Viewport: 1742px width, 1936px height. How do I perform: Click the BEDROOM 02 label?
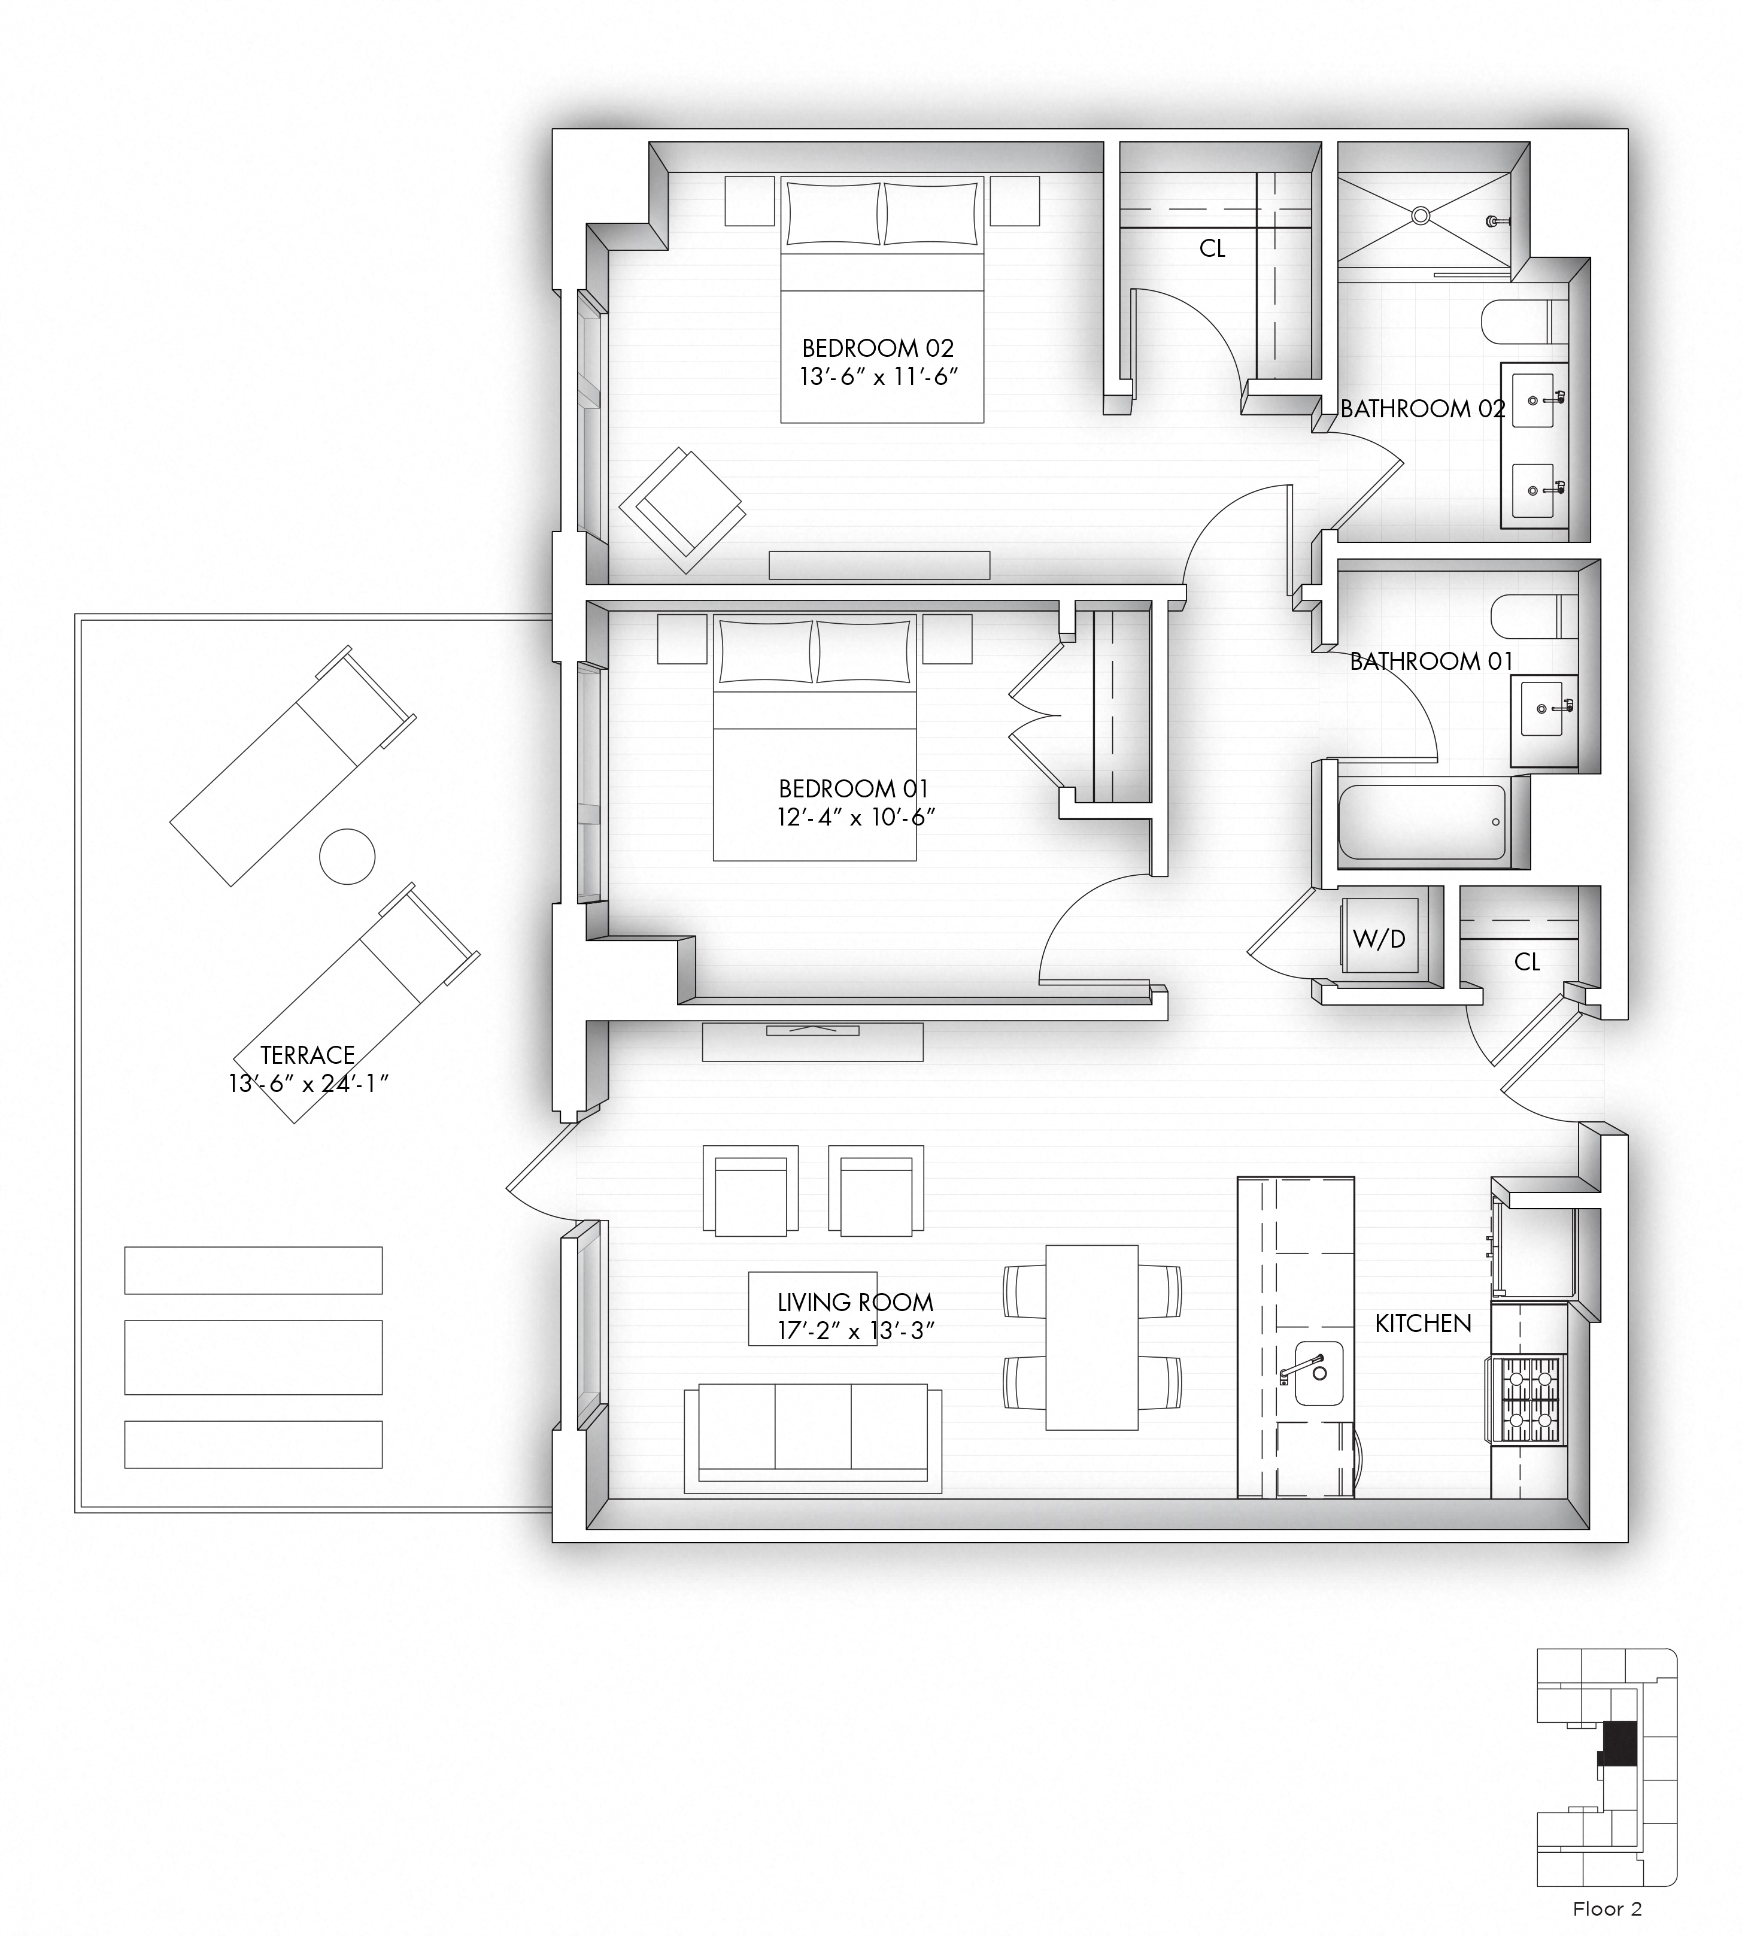[878, 348]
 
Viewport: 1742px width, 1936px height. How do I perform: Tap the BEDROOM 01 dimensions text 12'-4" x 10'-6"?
[855, 817]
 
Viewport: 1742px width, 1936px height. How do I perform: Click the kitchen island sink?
[1318, 1373]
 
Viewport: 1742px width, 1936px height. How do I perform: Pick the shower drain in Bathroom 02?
[1421, 216]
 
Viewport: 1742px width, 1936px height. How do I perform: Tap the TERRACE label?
[307, 1055]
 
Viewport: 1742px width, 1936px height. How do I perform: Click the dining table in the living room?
[1091, 1337]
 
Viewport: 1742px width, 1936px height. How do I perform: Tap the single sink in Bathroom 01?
[1543, 708]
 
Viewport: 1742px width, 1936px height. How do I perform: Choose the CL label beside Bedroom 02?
[1212, 249]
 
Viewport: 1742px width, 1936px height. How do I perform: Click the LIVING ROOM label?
[855, 1303]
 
